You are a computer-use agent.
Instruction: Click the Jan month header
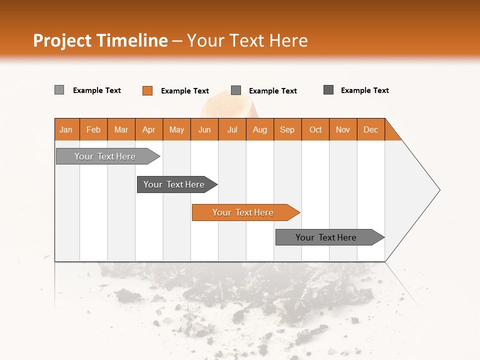[x=66, y=129]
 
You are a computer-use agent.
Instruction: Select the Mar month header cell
[x=121, y=129]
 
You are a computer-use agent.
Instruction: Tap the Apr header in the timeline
[x=149, y=129]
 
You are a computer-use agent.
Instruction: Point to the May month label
[x=176, y=129]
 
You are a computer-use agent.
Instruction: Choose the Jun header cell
[x=204, y=129]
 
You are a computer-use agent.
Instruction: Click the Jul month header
[x=232, y=129]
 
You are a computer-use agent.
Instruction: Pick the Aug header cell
[x=260, y=129]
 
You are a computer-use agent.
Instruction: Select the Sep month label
[x=287, y=129]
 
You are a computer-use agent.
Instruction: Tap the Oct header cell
[x=315, y=129]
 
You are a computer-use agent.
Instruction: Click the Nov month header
[x=343, y=129]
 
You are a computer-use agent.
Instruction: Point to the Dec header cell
[x=371, y=129]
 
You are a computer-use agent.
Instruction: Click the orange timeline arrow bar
[x=243, y=212]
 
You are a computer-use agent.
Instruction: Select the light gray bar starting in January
[x=105, y=156]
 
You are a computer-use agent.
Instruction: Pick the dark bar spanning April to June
[x=174, y=184]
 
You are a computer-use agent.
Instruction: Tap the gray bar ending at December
[x=326, y=237]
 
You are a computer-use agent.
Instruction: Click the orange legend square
[x=147, y=90]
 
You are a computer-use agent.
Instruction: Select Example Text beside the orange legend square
[x=185, y=91]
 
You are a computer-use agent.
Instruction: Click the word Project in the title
[x=62, y=40]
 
